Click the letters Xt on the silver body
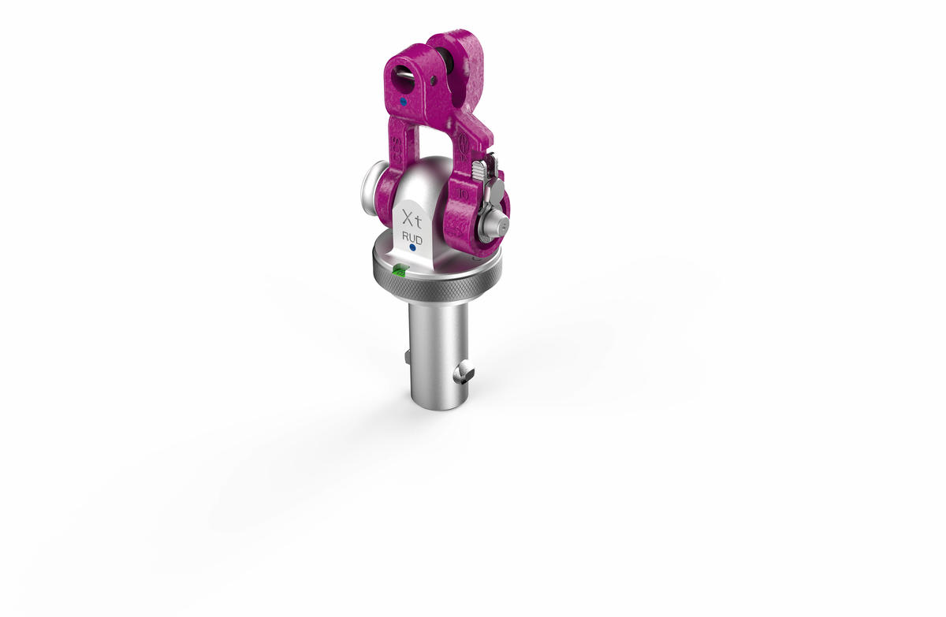(412, 217)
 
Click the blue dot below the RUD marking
(412, 248)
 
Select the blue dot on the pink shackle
(403, 102)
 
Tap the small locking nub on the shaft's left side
(407, 359)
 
